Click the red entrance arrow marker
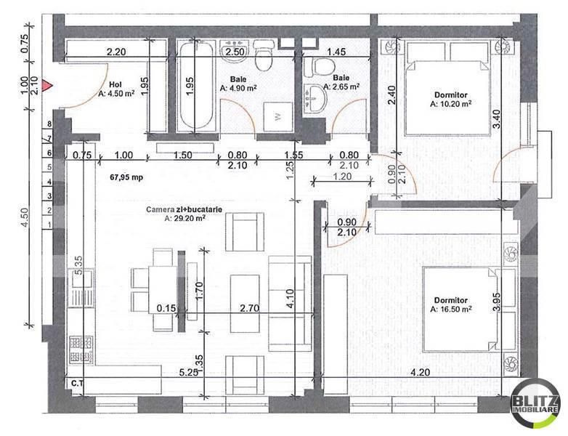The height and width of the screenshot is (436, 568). tap(48, 86)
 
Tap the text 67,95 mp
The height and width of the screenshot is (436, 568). tap(126, 177)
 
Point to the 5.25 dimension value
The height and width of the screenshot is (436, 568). tap(190, 372)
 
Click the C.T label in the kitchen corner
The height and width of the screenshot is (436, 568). tap(76, 382)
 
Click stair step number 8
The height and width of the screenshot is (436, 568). tap(49, 124)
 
